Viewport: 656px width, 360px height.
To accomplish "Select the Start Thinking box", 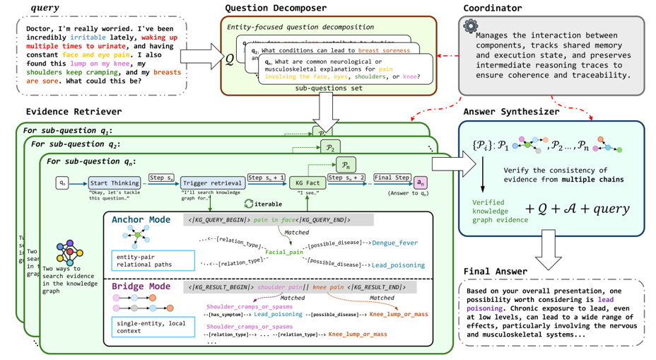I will point(114,182).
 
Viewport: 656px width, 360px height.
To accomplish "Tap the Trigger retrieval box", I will point(213,182).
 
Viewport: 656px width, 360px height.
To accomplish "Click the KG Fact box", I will point(306,182).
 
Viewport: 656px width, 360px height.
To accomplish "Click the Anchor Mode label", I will point(141,220).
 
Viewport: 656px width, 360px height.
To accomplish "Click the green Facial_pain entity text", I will point(286,252).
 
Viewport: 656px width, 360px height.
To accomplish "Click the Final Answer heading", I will point(496,271).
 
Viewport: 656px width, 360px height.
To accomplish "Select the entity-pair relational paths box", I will point(152,260).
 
